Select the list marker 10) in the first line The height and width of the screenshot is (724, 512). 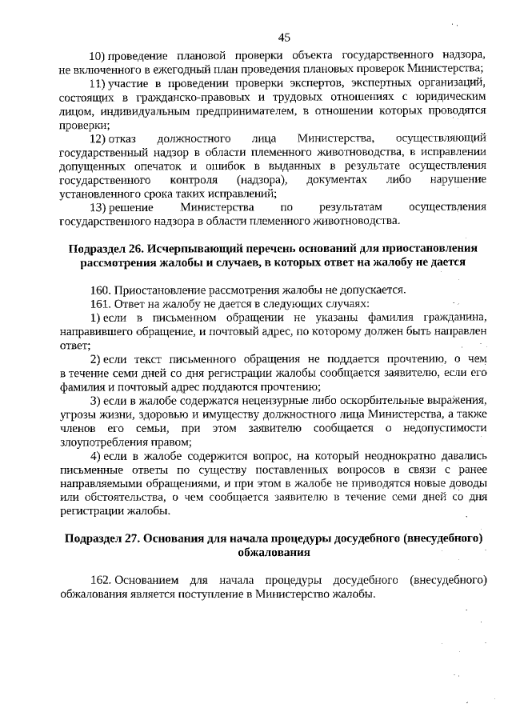point(96,55)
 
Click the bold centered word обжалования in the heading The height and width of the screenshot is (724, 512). point(273,552)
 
